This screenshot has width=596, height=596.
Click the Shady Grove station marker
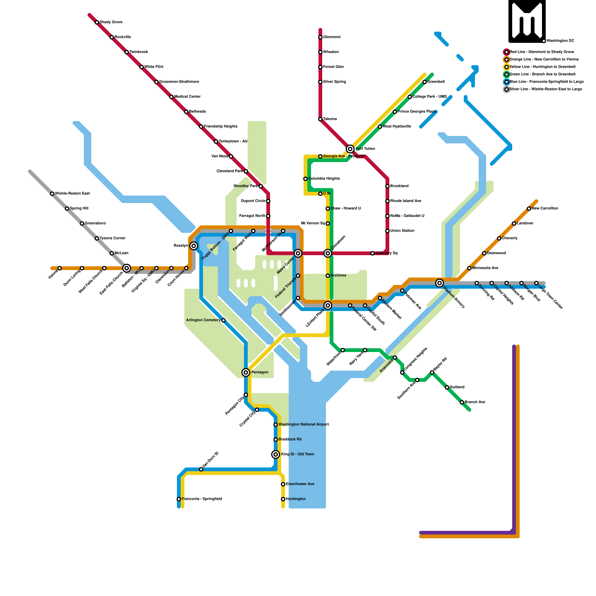pyautogui.click(x=97, y=22)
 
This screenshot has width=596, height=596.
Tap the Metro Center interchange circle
pyautogui.click(x=298, y=253)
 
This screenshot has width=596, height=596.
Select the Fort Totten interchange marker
pyautogui.click(x=350, y=149)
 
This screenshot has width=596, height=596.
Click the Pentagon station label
pyautogui.click(x=260, y=372)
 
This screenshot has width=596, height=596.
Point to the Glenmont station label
pyautogui.click(x=332, y=37)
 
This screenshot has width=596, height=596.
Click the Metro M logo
pyautogui.click(x=527, y=21)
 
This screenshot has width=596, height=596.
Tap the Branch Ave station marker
pyautogui.click(x=462, y=402)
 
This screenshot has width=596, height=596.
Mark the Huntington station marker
pyautogui.click(x=283, y=499)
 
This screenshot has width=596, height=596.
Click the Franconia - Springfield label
pyautogui.click(x=202, y=499)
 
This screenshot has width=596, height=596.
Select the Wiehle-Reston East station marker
pyautogui.click(x=52, y=194)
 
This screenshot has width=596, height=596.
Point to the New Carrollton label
pyautogui.click(x=545, y=209)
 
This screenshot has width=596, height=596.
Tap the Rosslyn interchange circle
pyautogui.click(x=194, y=246)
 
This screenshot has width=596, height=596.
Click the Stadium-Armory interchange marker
pyautogui.click(x=440, y=283)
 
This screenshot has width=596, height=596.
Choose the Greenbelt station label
pyautogui.click(x=436, y=82)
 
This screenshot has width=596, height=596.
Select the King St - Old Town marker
pyautogui.click(x=276, y=454)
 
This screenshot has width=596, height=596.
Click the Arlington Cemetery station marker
pyautogui.click(x=223, y=320)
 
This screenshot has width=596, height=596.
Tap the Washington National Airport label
pyautogui.click(x=303, y=425)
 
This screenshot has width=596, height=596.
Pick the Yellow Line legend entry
pyautogui.click(x=542, y=67)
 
